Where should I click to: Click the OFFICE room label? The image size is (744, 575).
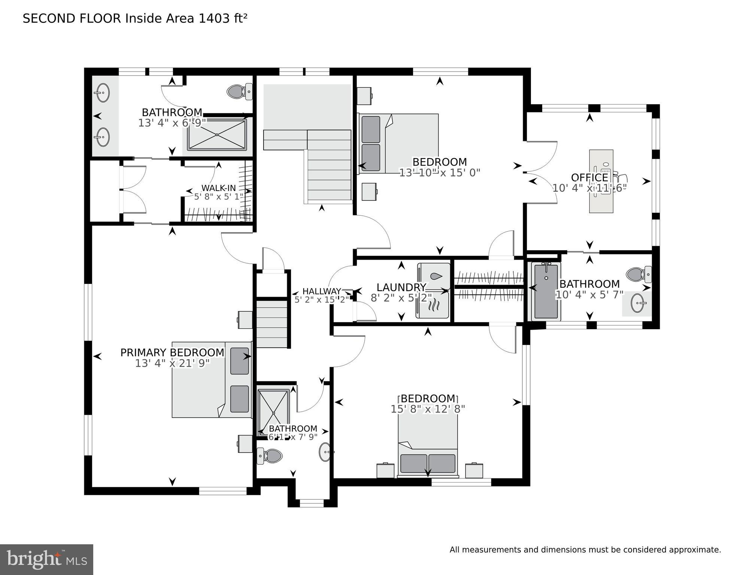pos(589,177)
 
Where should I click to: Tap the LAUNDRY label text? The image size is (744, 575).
pos(401,287)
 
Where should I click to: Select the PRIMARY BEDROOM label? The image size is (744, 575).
pos(172,352)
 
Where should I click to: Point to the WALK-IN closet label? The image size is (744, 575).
pos(219,188)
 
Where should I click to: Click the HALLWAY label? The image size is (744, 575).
pos(322,291)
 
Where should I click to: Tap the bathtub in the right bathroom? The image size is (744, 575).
pos(546,291)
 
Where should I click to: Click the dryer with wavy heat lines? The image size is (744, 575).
pos(433,305)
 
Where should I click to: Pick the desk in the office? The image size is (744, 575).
pos(601,181)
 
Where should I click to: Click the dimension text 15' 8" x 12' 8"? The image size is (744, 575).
pos(428,409)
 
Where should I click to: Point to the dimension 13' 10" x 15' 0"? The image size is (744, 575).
pos(440,173)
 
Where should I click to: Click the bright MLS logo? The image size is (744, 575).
pos(46,559)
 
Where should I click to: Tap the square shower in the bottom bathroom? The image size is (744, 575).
pos(274,412)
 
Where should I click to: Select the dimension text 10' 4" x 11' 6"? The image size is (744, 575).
pos(589,188)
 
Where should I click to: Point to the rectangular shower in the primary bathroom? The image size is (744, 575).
pos(217,134)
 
